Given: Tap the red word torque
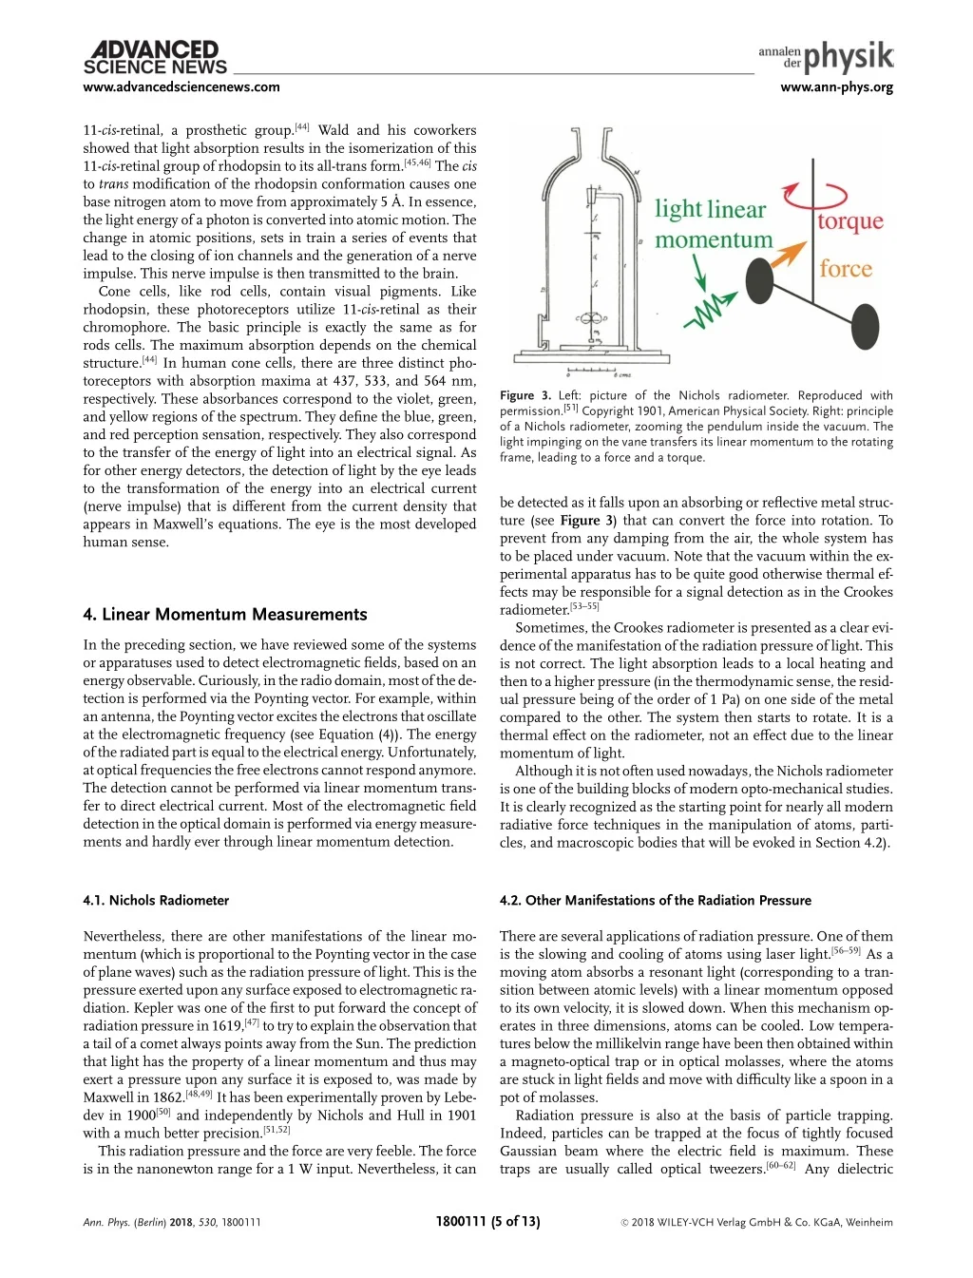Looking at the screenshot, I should pos(850,221).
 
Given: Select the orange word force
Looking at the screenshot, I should pos(845,269).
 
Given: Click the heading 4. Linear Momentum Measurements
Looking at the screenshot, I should pos(224,614).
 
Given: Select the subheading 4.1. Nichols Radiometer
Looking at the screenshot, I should pos(156,900).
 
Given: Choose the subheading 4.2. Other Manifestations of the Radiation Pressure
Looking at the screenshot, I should pos(655,900).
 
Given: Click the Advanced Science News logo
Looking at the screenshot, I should pos(155,58).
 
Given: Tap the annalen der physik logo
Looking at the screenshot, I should pos(826,58).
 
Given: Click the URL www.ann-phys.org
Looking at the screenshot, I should pos(836,87).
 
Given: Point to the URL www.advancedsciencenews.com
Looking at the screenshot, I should pos(181,87).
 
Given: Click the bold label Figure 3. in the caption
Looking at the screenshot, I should pos(525,395).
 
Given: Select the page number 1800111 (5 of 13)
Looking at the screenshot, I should pos(487,1221).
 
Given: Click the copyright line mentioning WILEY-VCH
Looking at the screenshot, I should pos(756,1222).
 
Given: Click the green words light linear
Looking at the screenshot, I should pos(710,210).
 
